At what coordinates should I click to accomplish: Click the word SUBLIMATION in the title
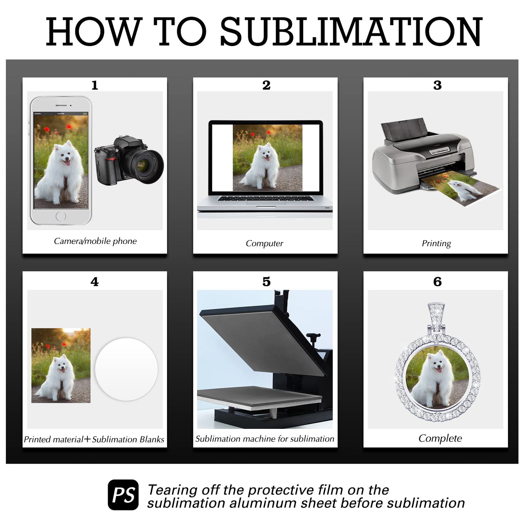351,32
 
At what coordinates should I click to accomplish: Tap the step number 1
94,85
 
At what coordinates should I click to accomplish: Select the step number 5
266,281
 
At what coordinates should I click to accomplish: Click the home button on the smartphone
61,216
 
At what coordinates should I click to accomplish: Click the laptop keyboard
265,198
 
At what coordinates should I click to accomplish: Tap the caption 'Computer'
264,243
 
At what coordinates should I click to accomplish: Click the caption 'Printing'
436,243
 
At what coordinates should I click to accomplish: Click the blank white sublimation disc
127,369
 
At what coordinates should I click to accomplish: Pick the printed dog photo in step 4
61,365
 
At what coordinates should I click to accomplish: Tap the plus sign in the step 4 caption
87,439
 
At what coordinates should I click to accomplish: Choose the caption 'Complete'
440,438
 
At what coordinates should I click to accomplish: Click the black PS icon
123,495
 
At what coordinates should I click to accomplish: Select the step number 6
437,281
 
